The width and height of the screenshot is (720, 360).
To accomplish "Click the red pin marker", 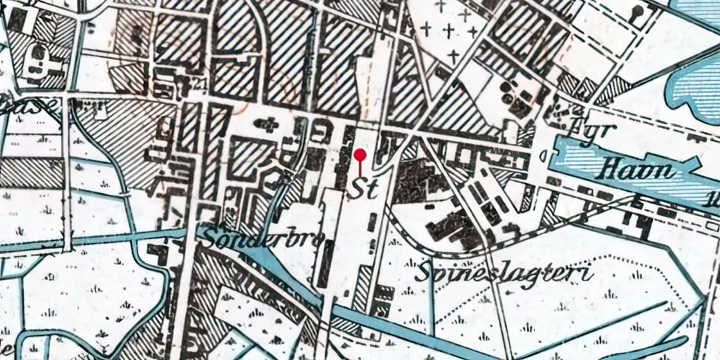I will pos(360,155).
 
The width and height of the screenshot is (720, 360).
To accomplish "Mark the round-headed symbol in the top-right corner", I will pos(638,12).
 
